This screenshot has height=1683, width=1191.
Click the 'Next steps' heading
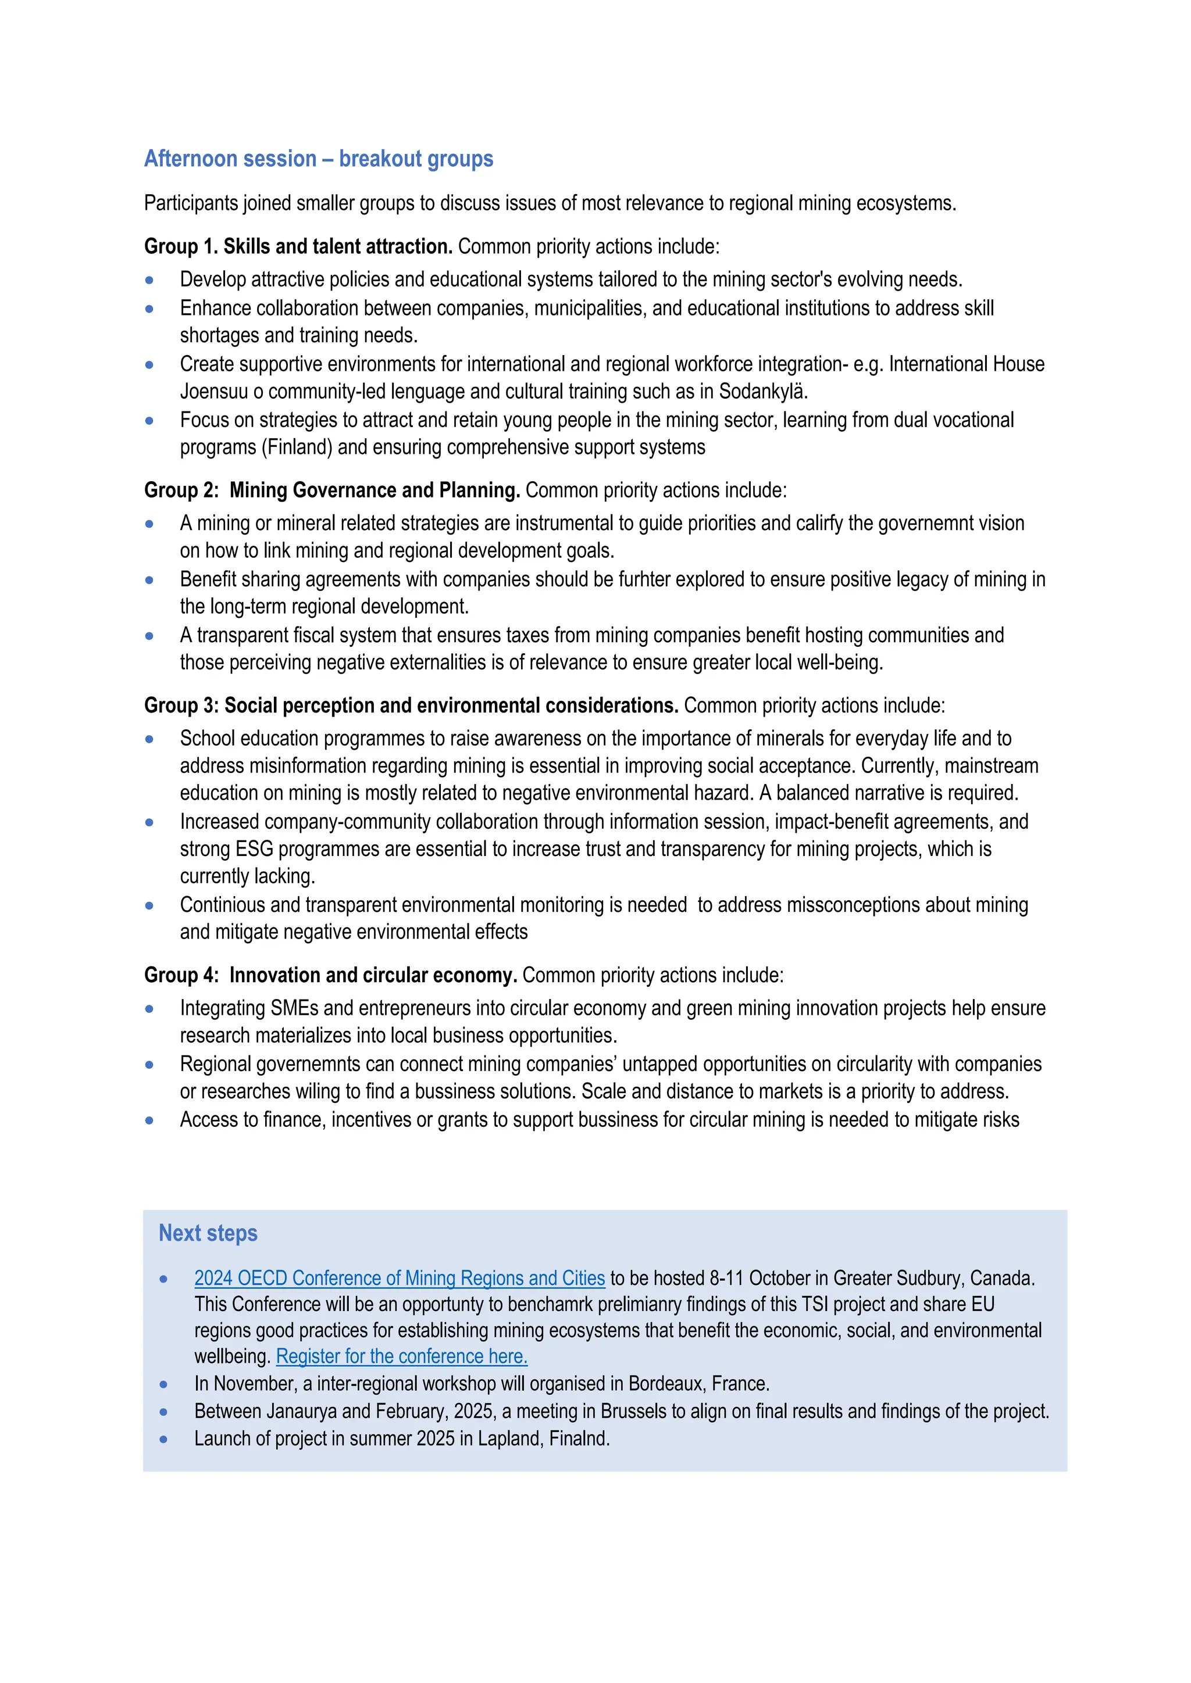click(x=208, y=1233)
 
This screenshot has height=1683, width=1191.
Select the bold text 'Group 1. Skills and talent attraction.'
click(x=298, y=246)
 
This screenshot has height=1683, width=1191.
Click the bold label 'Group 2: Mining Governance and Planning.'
click(x=331, y=490)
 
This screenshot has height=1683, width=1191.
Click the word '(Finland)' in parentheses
click(x=297, y=447)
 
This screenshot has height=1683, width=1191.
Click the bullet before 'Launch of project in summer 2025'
click(x=163, y=1439)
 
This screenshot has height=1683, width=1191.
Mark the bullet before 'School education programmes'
click(x=149, y=739)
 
